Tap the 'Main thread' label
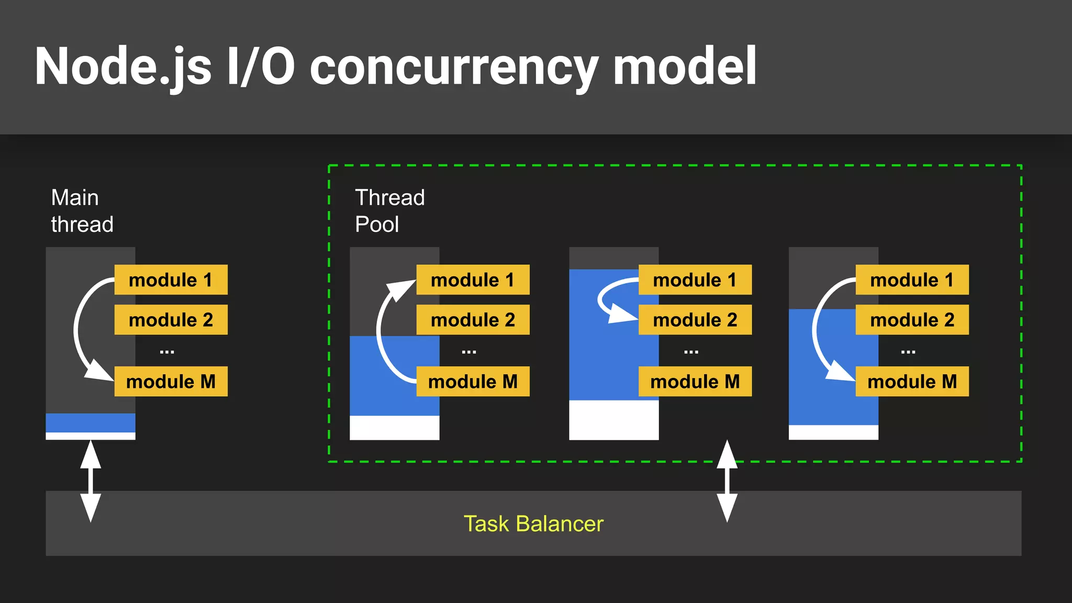coord(82,211)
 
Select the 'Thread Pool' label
coord(389,211)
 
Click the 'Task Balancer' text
coord(533,523)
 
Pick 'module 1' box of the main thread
coord(171,280)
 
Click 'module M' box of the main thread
coord(171,382)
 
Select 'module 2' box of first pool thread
coord(473,320)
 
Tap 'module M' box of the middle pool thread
coord(695,382)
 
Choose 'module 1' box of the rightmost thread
coord(912,280)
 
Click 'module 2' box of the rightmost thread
coord(912,320)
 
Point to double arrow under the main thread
coord(91,481)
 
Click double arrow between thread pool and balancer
coord(727,481)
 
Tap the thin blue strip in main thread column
coord(91,422)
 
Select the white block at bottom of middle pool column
coord(613,420)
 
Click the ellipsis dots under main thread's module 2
coord(167,352)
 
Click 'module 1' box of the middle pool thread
coord(695,280)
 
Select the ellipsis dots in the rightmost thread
coord(908,352)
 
